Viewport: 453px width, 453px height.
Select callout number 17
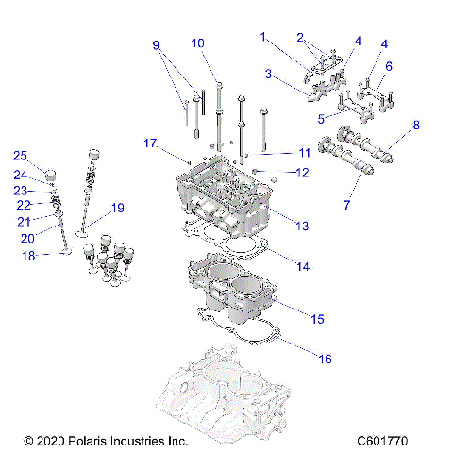point(149,143)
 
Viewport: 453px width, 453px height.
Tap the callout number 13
point(303,226)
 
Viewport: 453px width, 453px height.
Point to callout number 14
point(303,267)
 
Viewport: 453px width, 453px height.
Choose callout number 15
point(318,320)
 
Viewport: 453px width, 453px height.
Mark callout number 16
point(326,360)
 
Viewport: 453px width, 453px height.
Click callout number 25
point(20,156)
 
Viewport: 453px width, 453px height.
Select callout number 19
point(118,208)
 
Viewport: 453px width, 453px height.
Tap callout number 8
point(416,125)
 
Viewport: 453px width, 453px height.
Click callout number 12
point(303,173)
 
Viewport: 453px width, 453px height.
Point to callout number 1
point(264,38)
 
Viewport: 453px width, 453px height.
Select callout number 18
point(27,256)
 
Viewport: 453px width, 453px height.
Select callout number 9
point(157,44)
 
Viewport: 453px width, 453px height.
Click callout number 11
point(303,152)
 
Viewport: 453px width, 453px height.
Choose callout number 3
point(268,74)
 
